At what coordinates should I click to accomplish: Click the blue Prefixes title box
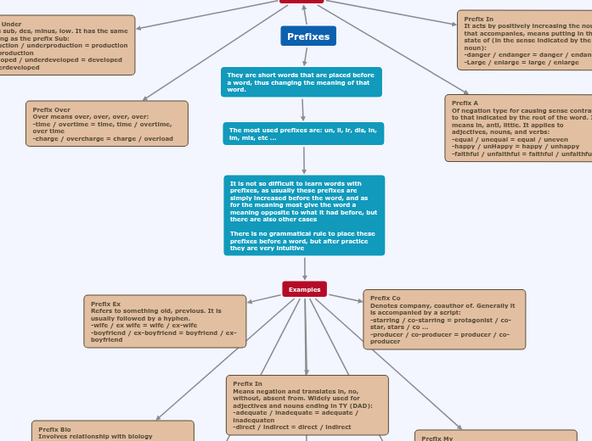tap(307, 36)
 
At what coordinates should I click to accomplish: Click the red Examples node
tap(304, 289)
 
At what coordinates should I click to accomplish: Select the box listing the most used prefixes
tap(303, 134)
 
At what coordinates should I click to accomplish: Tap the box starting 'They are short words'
tap(301, 82)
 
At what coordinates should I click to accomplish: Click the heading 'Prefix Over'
tap(51, 109)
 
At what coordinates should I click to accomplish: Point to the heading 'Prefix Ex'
tap(105, 304)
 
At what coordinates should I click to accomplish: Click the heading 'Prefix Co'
tap(385, 298)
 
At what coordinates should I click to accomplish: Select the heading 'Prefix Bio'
tap(54, 429)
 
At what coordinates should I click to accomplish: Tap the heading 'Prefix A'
tap(465, 103)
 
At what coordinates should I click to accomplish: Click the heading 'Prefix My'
tap(437, 438)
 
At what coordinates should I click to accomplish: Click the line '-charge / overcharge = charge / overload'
tap(102, 138)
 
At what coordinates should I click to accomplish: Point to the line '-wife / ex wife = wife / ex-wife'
tap(144, 325)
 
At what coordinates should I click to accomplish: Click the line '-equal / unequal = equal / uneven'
tap(510, 139)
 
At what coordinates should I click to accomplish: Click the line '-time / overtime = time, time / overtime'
tap(102, 124)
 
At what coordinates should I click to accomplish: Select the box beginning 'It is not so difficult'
tap(304, 215)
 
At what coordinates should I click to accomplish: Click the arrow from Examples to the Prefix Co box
tap(345, 298)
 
